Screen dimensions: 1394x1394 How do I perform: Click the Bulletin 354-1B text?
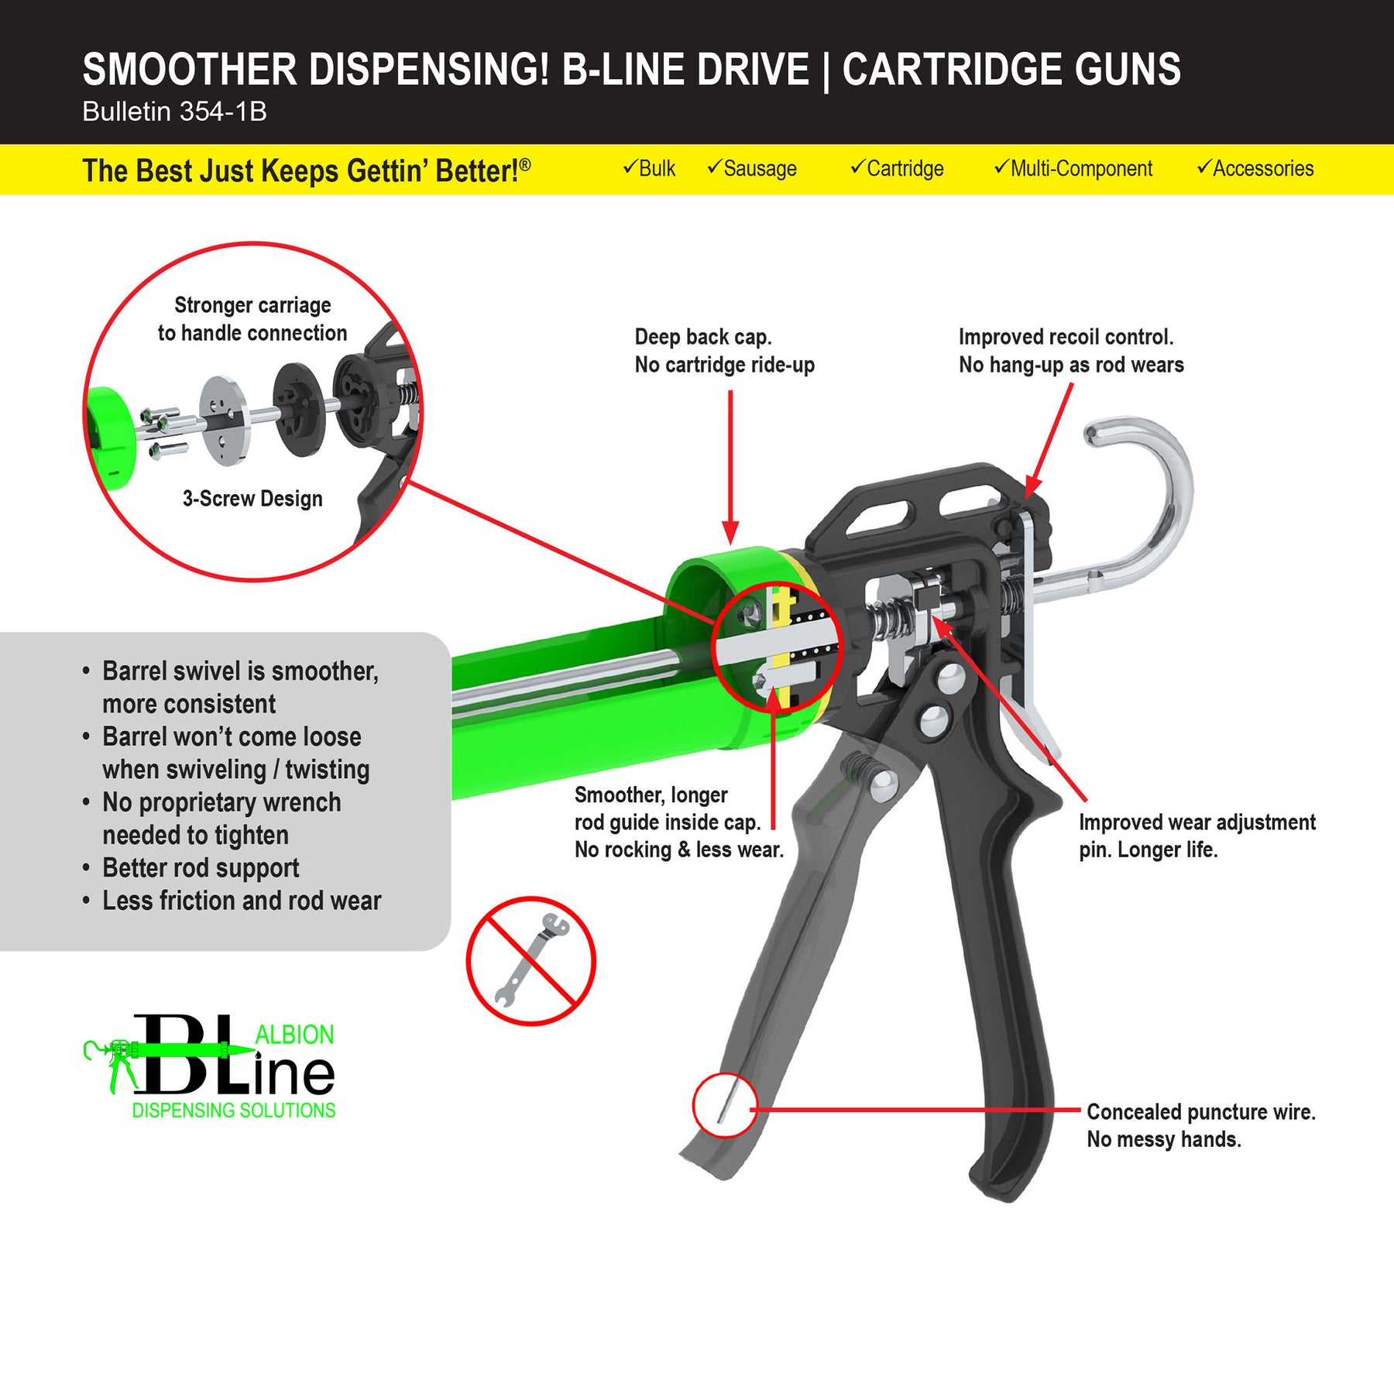[x=174, y=112]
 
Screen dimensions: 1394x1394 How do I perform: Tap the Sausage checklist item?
[x=752, y=168]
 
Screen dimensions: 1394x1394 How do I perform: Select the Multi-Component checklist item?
[x=1073, y=168]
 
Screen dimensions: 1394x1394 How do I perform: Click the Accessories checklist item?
[x=1255, y=168]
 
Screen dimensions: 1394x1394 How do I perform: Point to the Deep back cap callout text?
[x=724, y=351]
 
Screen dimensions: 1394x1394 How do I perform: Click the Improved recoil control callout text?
[x=1071, y=351]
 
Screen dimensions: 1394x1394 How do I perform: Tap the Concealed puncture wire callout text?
[x=1200, y=1125]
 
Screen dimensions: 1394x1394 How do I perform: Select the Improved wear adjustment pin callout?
[x=1197, y=836]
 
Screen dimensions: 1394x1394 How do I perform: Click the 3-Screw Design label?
[x=252, y=498]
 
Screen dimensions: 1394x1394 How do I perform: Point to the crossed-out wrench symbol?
[x=530, y=961]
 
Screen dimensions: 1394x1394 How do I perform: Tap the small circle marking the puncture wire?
[x=725, y=1104]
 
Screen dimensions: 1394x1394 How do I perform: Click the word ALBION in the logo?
[x=294, y=1035]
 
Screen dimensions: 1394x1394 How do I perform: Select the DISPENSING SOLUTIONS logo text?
[x=233, y=1110]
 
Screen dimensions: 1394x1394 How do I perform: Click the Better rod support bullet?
[x=201, y=868]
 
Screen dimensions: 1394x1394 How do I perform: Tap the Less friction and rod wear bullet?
[x=242, y=901]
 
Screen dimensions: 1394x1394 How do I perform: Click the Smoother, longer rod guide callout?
[x=678, y=822]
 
